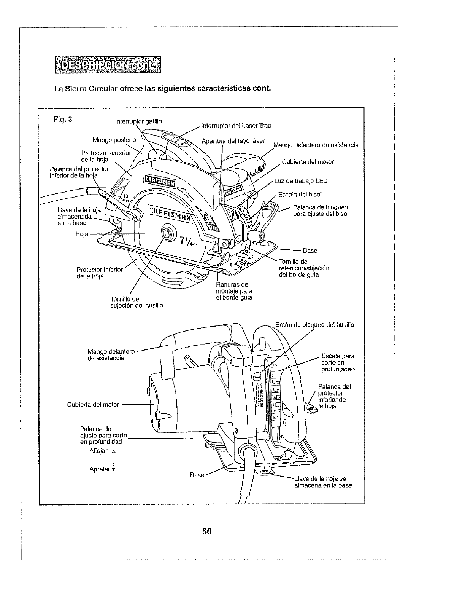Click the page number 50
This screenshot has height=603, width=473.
(207, 531)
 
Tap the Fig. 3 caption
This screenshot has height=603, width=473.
(63, 118)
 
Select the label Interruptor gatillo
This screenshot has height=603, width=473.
(138, 121)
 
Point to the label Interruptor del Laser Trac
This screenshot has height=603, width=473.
(236, 125)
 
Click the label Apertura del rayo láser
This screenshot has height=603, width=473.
(233, 141)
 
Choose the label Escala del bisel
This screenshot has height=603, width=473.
(300, 195)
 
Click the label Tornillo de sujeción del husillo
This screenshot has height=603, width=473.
(137, 302)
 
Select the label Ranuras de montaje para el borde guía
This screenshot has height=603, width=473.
(234, 291)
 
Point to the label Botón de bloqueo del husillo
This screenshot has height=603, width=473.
(314, 325)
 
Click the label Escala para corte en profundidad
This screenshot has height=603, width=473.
(338, 362)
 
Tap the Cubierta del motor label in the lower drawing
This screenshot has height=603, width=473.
(93, 404)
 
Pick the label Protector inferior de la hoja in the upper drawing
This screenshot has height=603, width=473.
(100, 273)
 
